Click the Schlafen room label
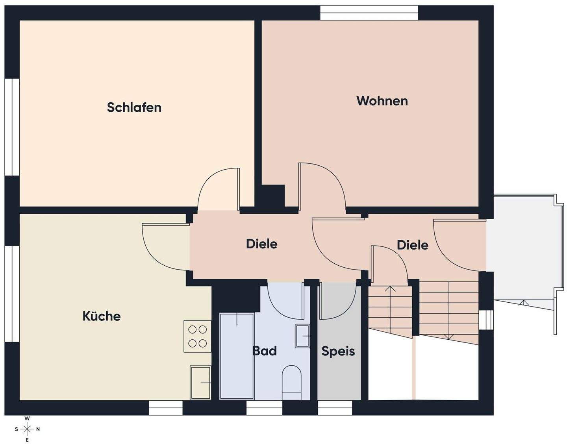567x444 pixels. pos(134,107)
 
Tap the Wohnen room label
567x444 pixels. pos(382,101)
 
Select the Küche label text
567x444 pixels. pos(101,316)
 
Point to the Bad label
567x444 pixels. pos(265,351)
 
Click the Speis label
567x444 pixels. pos(338,351)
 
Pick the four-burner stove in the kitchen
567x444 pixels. pos(197,336)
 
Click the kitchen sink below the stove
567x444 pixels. pos(200,382)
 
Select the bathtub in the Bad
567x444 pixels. pos(237,356)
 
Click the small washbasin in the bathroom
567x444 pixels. pos(302,336)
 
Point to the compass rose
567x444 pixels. pos(27,429)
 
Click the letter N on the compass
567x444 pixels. pos(38,429)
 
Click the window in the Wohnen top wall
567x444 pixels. pos(369,13)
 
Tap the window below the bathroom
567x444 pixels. pos(264,408)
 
